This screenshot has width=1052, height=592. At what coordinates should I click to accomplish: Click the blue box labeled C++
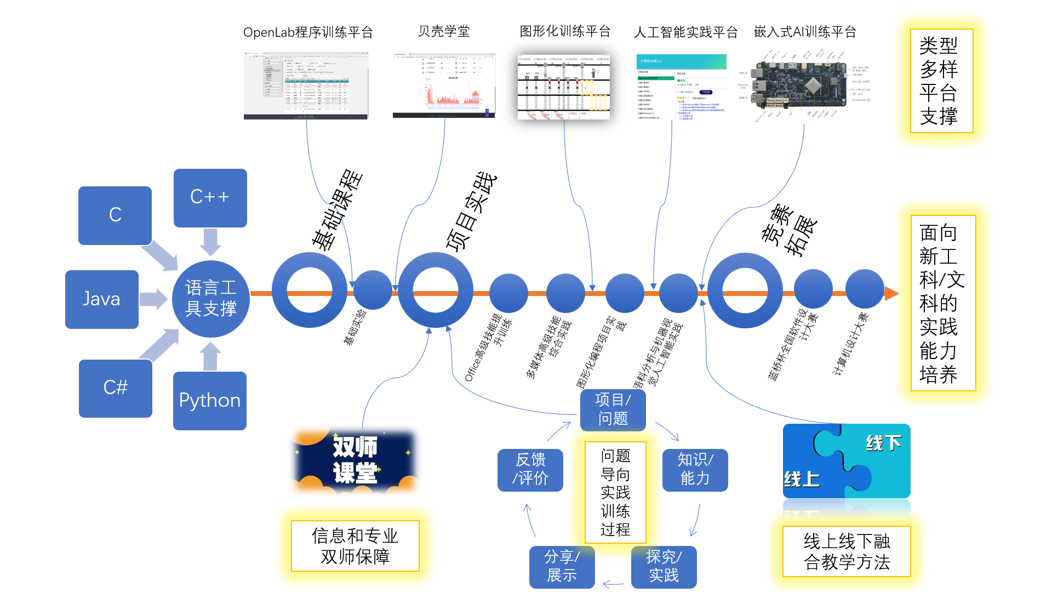pos(210,198)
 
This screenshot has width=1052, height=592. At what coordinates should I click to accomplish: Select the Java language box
pos(102,299)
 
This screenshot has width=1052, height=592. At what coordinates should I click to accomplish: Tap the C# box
pos(116,388)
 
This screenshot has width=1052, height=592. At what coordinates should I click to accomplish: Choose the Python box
pos(210,401)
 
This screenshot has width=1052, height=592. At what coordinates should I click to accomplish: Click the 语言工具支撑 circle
pos(211,299)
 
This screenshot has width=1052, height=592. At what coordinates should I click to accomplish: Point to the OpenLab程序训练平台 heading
pos(308,32)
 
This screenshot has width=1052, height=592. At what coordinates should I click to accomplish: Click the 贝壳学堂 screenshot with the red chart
pos(444,86)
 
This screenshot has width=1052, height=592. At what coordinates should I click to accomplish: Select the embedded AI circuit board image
pos(803,85)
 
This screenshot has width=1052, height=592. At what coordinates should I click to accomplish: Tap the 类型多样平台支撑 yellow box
pos(941,81)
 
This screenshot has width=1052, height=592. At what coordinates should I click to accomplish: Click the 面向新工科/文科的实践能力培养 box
pos(942,303)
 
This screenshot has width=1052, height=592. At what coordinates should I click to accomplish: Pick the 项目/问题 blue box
pos(613,409)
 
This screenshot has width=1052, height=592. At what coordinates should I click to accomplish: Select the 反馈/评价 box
pos(530,470)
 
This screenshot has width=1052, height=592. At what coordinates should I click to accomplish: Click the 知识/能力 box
pos(695,470)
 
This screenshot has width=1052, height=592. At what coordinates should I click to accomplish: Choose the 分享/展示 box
pos(562,567)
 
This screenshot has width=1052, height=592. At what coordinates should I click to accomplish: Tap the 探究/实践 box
pos(664,567)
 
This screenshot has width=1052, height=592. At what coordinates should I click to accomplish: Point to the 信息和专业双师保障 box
pos(355,546)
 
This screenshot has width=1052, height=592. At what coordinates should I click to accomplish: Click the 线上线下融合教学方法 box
pos(847,551)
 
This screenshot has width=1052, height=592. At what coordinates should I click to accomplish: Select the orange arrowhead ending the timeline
pos(891,294)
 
